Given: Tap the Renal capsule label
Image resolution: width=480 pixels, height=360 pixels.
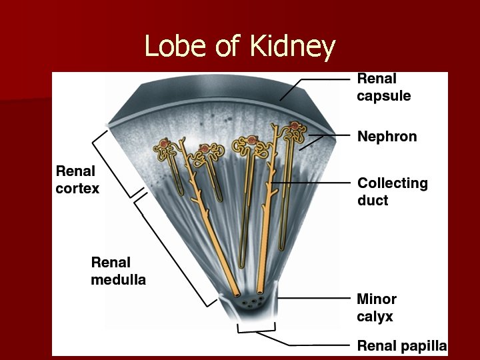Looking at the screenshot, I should (x=383, y=87).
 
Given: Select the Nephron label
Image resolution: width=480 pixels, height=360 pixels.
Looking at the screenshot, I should (x=387, y=137).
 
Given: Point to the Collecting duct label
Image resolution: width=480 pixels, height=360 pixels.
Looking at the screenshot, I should (x=393, y=191).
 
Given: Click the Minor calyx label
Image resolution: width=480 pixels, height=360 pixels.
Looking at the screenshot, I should (x=377, y=307).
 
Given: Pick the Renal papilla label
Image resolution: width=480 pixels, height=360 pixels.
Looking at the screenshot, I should (x=401, y=345).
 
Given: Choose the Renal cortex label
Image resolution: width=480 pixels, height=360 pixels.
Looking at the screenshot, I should (x=77, y=180).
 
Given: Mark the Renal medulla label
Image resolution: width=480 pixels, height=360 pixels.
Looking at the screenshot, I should (x=118, y=271).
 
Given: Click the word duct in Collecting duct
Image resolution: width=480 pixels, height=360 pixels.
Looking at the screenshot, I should (x=373, y=200).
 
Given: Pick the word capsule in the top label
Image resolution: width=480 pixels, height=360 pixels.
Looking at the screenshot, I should (x=383, y=96).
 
